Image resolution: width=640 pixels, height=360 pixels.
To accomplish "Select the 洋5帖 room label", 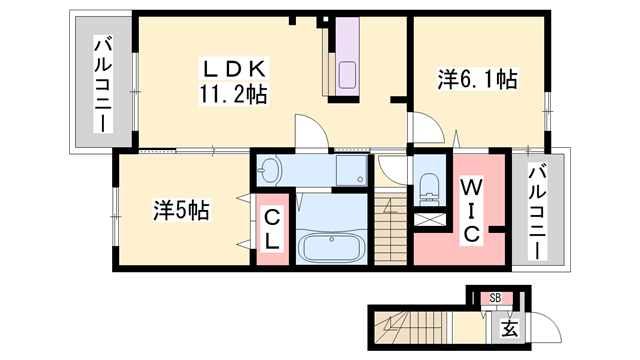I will click(x=180, y=211).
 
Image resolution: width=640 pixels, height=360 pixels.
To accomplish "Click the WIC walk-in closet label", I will click(x=473, y=209).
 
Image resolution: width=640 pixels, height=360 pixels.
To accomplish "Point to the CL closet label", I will click(x=273, y=230).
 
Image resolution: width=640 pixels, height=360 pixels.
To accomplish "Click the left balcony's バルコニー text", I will click(x=102, y=85).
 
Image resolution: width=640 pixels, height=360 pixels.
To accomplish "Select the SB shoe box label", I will click(x=495, y=297).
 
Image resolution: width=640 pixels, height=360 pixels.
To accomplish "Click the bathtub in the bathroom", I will click(x=333, y=244).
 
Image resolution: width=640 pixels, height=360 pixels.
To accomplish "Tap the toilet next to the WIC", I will click(x=429, y=185).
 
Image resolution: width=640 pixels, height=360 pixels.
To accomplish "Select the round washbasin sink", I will click(x=270, y=171).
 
